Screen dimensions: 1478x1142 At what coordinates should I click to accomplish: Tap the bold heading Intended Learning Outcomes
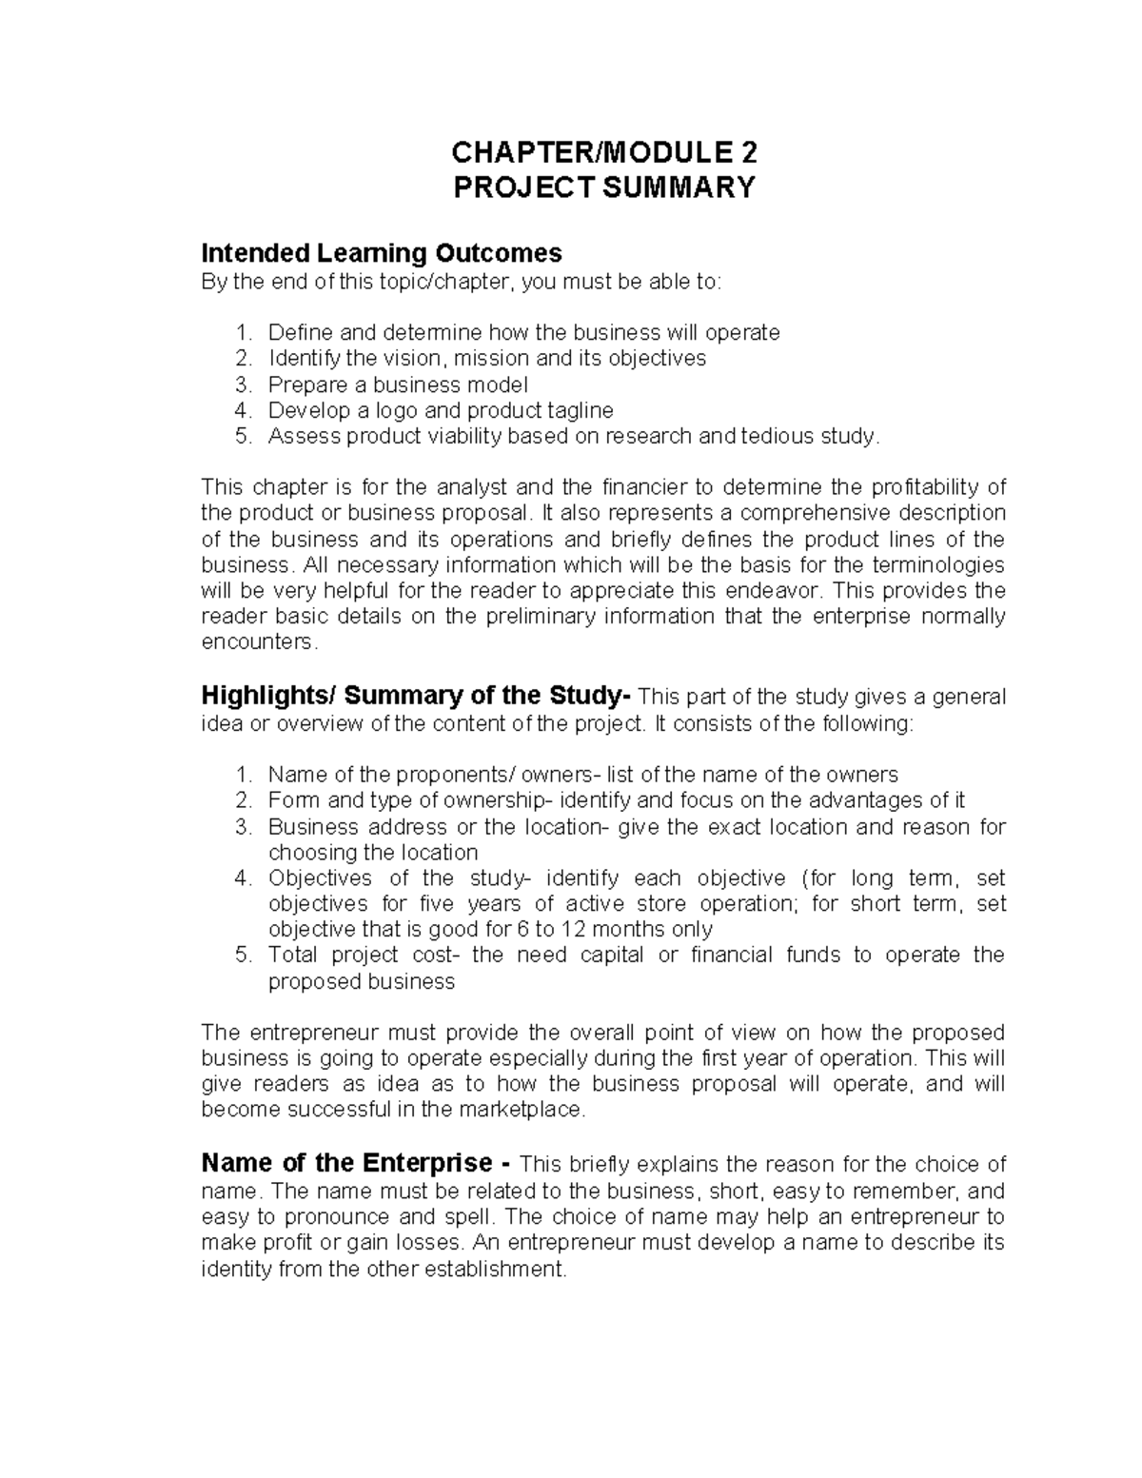[x=382, y=253]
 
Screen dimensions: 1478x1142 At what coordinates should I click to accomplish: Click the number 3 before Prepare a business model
[x=243, y=384]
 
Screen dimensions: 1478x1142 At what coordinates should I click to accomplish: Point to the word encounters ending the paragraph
[x=256, y=642]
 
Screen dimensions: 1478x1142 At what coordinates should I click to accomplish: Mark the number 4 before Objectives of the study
[x=243, y=877]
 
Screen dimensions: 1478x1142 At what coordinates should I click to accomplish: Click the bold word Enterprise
[x=427, y=1164]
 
